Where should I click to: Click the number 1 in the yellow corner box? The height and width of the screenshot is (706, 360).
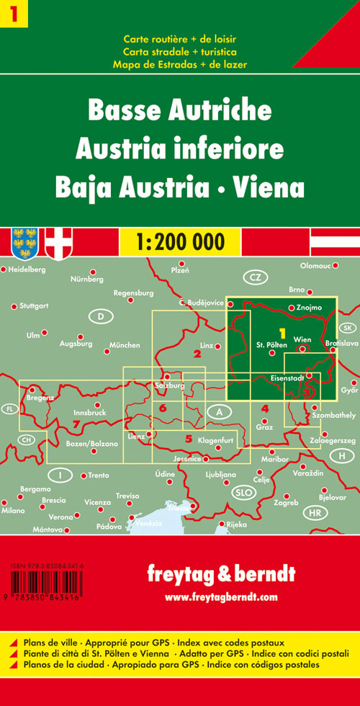point(13,13)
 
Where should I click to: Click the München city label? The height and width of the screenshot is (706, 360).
point(125,346)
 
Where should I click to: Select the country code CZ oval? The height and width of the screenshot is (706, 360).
point(254,277)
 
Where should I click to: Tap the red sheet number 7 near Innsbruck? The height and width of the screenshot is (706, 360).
point(76,424)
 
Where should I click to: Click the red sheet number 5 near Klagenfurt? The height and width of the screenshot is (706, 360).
point(189,439)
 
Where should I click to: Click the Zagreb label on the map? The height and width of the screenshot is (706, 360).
point(286,502)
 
